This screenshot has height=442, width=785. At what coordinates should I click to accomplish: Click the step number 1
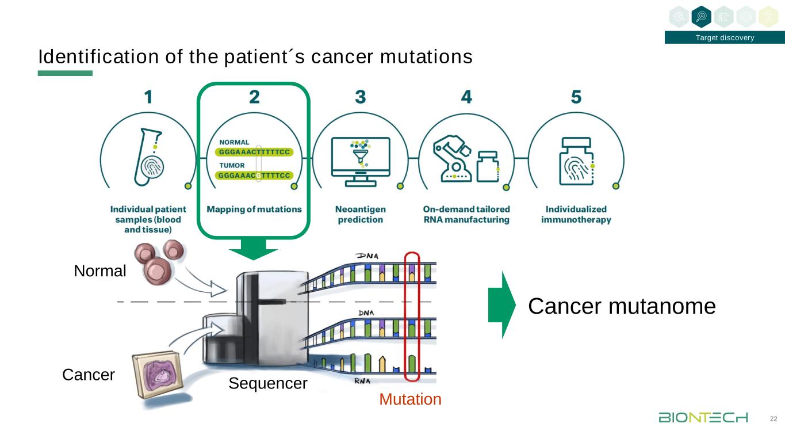148,97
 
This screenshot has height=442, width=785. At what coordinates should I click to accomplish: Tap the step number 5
576,97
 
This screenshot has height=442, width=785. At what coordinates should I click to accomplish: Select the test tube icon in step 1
148,158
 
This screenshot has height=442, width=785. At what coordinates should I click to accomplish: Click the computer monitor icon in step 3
361,161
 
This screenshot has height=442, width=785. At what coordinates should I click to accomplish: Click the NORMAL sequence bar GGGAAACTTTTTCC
254,153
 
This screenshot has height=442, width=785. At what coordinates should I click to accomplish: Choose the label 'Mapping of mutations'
254,209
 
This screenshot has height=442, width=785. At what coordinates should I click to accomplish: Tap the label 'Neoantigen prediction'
360,214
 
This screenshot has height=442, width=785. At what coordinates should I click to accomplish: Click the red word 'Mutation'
410,399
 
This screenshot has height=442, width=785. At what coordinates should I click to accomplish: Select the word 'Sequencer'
267,383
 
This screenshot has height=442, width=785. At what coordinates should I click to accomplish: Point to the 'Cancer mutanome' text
622,306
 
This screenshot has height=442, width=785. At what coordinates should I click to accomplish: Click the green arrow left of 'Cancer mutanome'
499,304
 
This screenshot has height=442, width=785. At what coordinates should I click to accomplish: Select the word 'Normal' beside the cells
100,271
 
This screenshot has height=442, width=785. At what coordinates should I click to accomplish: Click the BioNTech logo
703,417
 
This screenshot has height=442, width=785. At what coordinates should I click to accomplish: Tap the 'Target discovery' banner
725,38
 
